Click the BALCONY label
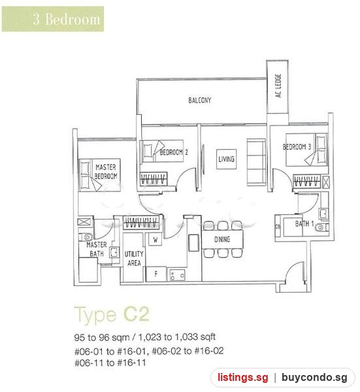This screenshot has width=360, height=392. click(199, 100)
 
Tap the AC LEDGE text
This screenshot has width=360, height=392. click(278, 86)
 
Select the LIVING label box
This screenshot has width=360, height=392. click(226, 159)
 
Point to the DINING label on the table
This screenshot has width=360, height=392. click(222, 240)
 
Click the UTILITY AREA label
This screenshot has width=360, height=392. click(134, 259)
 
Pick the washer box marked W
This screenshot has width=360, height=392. click(155, 240)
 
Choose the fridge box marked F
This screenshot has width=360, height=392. click(156, 274)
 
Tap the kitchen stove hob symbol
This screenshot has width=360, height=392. click(177, 275)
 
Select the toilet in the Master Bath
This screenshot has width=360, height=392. click(86, 237)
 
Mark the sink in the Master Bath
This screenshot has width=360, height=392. click(114, 252)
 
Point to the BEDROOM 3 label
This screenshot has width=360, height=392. click(297, 147)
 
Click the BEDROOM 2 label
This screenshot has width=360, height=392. click(174, 152)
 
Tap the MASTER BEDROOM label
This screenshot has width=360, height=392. click(106, 172)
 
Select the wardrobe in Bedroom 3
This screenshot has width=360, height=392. click(306, 181)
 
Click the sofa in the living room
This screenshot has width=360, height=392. click(256, 163)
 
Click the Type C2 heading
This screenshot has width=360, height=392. click(112, 315)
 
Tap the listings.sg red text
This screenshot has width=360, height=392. click(242, 378)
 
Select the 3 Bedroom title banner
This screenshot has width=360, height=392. click(53, 19)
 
